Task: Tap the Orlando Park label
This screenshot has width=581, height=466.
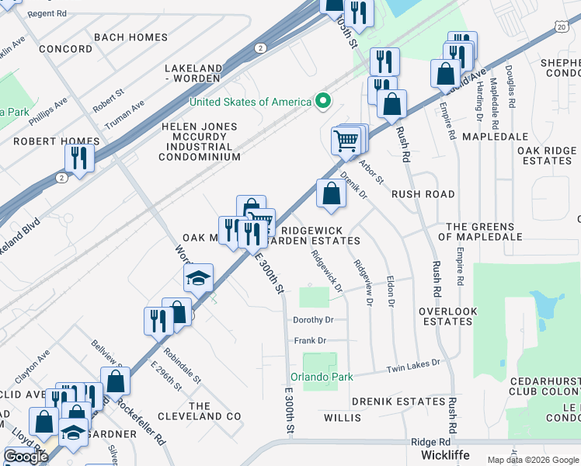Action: (x=322, y=377)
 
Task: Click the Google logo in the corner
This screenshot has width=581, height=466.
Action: (x=26, y=456)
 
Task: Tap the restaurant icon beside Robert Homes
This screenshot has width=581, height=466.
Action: (x=79, y=158)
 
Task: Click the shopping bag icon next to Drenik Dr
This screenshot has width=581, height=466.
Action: (x=331, y=194)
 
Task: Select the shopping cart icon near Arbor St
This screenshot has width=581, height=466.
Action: (x=346, y=141)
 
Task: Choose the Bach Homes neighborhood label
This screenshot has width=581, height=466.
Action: (x=130, y=37)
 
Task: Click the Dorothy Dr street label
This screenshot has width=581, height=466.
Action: (x=313, y=319)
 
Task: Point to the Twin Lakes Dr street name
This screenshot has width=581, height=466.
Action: (x=413, y=363)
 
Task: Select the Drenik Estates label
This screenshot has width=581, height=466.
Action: (x=397, y=402)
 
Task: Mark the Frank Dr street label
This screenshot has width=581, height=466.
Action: (x=310, y=340)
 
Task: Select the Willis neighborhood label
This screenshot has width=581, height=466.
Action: (x=343, y=418)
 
